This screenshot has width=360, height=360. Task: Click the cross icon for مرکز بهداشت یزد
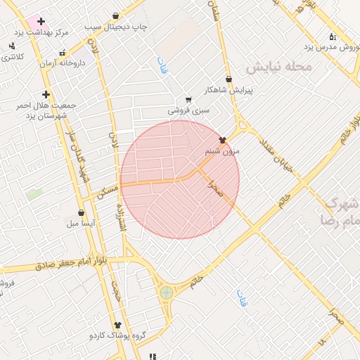pos(41,21)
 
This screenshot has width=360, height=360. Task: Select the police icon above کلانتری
pos(11,46)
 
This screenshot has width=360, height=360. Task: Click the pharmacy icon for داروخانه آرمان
pos(63,52)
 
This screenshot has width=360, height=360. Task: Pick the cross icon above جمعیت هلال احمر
pos(46,94)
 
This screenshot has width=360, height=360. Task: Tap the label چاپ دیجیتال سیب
pos(117,26)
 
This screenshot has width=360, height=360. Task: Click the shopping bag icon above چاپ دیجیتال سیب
pos(116,15)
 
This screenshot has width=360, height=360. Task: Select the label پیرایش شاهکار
pos(229,90)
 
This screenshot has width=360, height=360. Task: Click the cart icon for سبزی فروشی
pos(188,100)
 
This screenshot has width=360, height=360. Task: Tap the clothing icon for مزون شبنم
pos(223,140)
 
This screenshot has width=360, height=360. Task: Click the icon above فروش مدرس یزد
pos(332,37)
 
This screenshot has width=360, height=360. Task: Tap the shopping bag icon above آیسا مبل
pos(82,212)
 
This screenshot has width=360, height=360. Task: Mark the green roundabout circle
pos(167,291)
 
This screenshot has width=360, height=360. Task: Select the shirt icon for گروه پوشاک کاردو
pos(117,325)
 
